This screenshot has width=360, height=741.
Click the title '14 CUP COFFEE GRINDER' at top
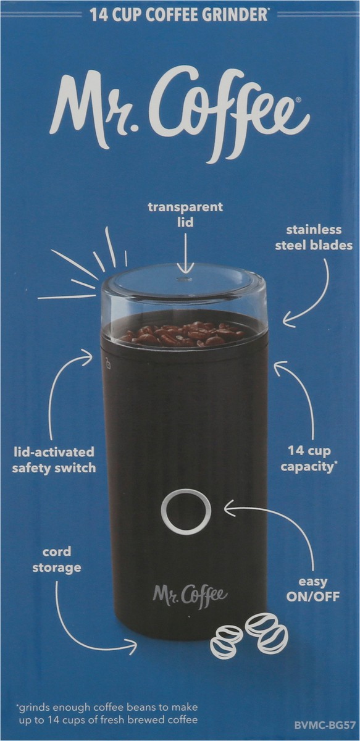[x=179, y=15]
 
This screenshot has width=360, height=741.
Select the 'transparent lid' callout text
[x=185, y=214]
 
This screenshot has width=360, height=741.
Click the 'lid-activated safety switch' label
[x=54, y=460]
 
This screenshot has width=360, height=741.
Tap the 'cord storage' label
[x=56, y=559]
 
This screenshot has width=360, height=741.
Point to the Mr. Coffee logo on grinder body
[x=190, y=594]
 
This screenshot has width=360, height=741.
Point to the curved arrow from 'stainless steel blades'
[x=312, y=296]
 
